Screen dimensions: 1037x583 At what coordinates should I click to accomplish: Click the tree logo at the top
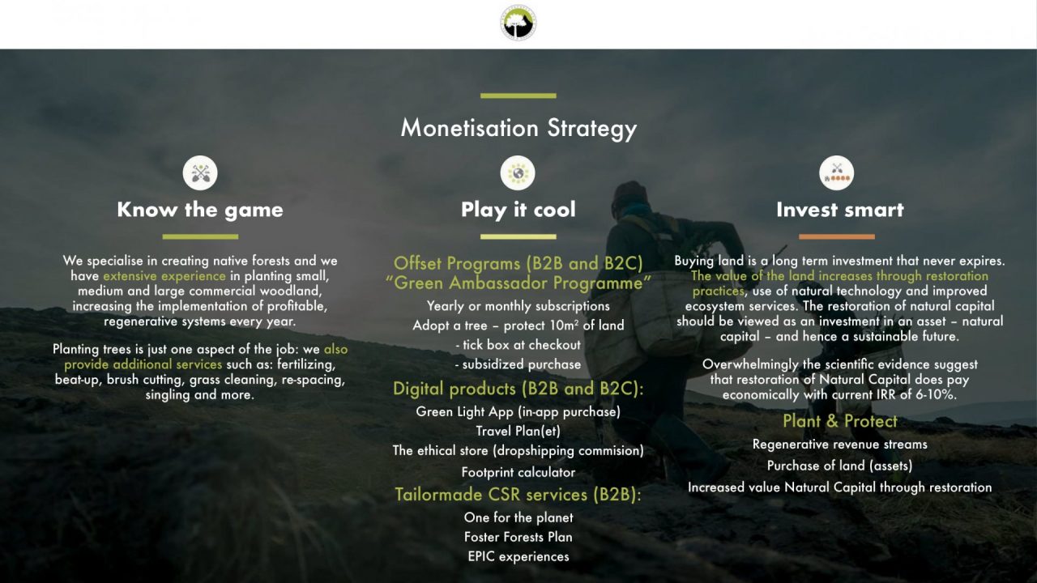click(x=518, y=22)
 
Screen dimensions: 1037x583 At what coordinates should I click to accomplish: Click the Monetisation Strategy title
click(x=518, y=128)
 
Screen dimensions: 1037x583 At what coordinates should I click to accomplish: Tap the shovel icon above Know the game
click(x=200, y=173)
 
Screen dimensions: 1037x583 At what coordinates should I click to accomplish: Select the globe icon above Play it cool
click(x=518, y=173)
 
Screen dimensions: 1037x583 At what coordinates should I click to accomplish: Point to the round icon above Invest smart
click(x=837, y=173)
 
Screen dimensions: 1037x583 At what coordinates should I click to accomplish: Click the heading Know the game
click(x=200, y=210)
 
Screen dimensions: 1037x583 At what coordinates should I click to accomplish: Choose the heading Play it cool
click(x=518, y=210)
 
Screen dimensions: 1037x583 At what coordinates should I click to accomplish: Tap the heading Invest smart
click(x=840, y=210)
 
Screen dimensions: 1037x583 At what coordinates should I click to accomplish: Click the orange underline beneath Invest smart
click(x=837, y=236)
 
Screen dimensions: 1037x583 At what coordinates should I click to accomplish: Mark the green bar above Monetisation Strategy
click(x=518, y=96)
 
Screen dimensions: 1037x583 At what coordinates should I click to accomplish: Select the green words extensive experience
click(x=164, y=276)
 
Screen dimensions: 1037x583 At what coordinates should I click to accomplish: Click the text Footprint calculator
click(x=518, y=472)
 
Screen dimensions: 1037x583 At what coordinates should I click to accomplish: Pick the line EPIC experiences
click(x=518, y=556)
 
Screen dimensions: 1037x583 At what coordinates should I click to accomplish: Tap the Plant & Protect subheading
click(x=840, y=421)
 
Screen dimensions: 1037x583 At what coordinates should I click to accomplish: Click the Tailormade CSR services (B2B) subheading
click(x=518, y=495)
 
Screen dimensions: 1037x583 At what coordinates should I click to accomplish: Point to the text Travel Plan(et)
click(x=518, y=432)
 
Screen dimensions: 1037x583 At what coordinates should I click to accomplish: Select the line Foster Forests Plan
click(x=518, y=537)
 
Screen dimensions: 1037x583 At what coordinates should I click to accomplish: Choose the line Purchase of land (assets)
click(x=840, y=466)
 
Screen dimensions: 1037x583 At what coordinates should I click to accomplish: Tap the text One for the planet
click(x=518, y=517)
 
